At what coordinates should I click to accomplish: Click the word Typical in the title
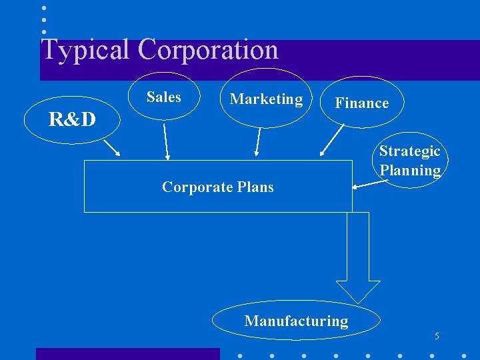[85, 50]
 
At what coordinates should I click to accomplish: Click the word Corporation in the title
[208, 50]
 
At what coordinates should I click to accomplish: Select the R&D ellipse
[71, 119]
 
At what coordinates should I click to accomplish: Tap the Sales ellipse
[163, 97]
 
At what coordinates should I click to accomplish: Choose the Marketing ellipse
[266, 99]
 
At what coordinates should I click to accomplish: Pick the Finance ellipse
[361, 103]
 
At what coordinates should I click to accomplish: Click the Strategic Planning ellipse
[409, 161]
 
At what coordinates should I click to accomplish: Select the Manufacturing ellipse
[296, 321]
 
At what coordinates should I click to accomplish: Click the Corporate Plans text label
[217, 187]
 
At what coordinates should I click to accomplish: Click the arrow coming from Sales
[166, 141]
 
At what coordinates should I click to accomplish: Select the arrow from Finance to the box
[331, 142]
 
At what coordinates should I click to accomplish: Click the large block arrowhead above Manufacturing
[358, 291]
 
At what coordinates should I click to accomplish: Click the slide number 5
[437, 335]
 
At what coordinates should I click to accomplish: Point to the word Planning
[410, 170]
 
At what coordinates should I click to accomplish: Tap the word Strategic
[409, 151]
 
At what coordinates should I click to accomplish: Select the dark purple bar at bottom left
[127, 353]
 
